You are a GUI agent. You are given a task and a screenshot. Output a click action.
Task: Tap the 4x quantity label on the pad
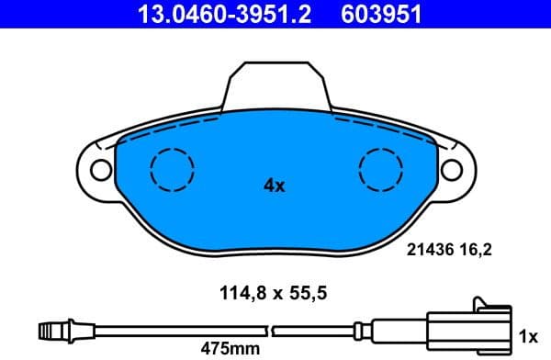(274, 186)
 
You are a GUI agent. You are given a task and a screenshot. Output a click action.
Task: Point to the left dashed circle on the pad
(173, 169)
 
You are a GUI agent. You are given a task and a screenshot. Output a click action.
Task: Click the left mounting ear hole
(99, 169)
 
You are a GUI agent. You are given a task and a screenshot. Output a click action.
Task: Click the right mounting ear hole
(452, 169)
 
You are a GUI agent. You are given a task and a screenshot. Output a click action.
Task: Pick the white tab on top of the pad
(275, 84)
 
